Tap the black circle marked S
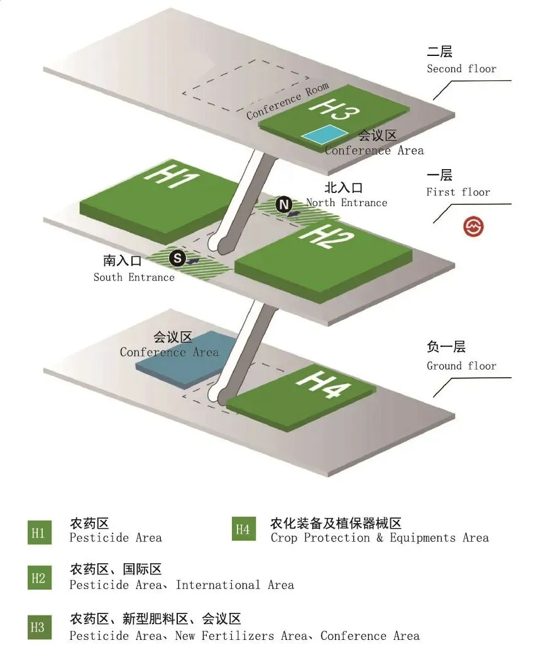coord(178,257)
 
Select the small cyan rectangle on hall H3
coord(324,134)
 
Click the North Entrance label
coord(346,202)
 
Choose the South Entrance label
coord(134,277)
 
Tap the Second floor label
coord(461,69)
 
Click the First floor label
coord(458,192)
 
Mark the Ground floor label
coord(461,366)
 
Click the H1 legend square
coord(39,533)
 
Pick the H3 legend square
coord(39,627)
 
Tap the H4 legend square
coord(243,529)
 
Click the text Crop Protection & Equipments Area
coord(379,537)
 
